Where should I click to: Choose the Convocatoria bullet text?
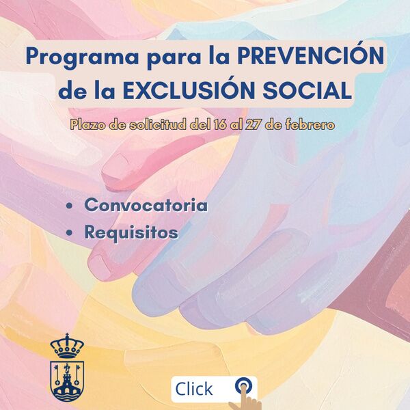146,205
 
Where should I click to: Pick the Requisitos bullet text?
131,232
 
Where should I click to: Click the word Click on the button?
194,389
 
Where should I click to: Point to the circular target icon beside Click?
242,385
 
